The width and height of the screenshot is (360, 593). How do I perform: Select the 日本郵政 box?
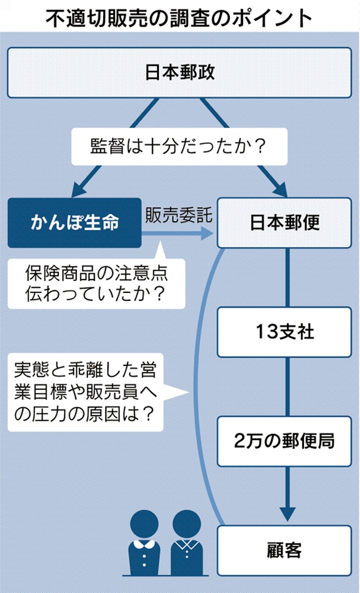pos(179,73)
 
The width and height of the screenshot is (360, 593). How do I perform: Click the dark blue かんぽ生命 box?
pos(74,222)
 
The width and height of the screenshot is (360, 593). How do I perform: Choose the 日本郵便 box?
pos(284,222)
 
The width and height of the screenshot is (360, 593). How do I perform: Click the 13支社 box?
pos(284,332)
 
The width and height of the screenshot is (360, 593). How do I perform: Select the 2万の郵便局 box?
pos(284,441)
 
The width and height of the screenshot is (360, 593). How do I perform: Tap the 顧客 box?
pos(284,550)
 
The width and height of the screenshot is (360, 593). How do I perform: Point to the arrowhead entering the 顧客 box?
pos(287,513)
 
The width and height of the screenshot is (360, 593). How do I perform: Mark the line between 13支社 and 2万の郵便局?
pos(287,387)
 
